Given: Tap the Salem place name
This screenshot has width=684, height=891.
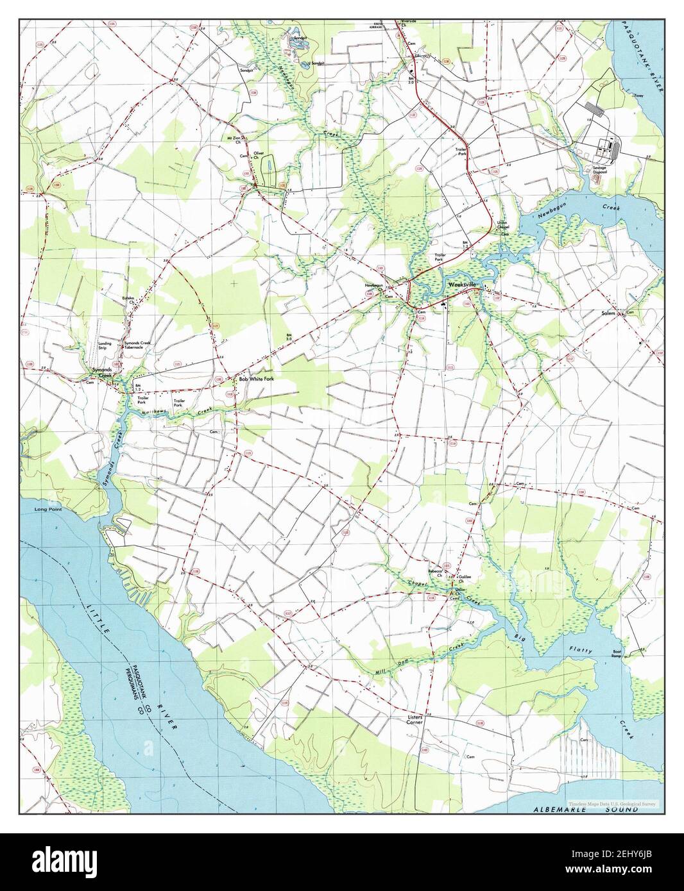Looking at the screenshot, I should pos(608,313).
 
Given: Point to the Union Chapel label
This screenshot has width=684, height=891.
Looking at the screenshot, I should pos(506,226).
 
